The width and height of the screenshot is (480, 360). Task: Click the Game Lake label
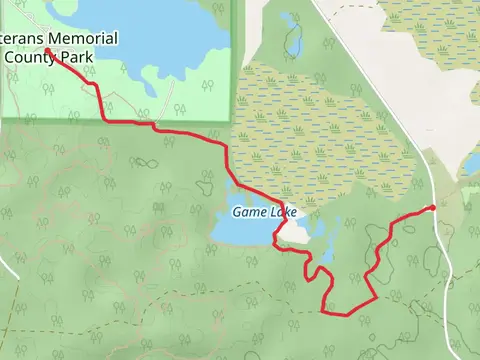click(x=264, y=212)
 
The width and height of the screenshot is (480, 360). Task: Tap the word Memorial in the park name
click(x=80, y=39)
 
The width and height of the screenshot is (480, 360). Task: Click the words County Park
click(x=50, y=57)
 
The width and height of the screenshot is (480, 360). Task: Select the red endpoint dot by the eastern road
click(x=432, y=208)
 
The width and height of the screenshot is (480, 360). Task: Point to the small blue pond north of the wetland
click(x=291, y=35)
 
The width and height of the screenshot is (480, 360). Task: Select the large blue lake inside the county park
click(x=150, y=30)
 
